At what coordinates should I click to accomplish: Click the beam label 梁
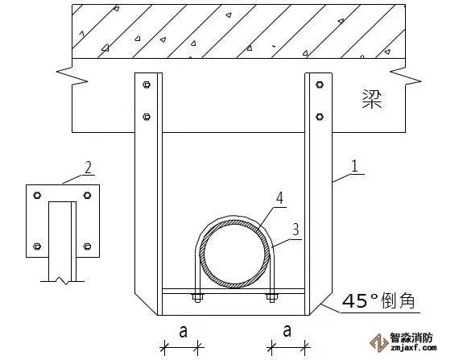pyautogui.click(x=372, y=99)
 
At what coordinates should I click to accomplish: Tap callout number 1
pyautogui.click(x=355, y=166)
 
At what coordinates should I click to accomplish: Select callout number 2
pyautogui.click(x=88, y=168)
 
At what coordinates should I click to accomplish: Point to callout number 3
pyautogui.click(x=296, y=230)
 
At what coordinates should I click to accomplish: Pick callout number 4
pyautogui.click(x=279, y=198)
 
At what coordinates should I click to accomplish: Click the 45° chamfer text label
pyautogui.click(x=378, y=301)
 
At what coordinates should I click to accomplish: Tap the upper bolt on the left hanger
pyautogui.click(x=147, y=85)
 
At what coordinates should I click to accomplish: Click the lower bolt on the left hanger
pyautogui.click(x=147, y=117)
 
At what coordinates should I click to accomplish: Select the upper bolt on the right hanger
pyautogui.click(x=320, y=85)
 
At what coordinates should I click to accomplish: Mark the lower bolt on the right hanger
pyautogui.click(x=320, y=117)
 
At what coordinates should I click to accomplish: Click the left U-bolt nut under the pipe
pyautogui.click(x=197, y=297)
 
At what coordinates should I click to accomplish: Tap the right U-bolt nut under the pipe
pyautogui.click(x=271, y=297)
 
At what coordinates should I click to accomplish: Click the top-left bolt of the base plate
pyautogui.click(x=37, y=195)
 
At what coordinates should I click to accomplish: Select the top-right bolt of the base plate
pyautogui.click(x=87, y=195)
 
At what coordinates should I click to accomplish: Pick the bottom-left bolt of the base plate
pyautogui.click(x=37, y=246)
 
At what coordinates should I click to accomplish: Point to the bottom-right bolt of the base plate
pyautogui.click(x=87, y=246)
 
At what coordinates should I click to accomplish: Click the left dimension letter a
pyautogui.click(x=183, y=331)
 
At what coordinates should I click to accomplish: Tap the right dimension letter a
pyautogui.click(x=287, y=331)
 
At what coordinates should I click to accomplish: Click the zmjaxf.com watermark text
pyautogui.click(x=413, y=348)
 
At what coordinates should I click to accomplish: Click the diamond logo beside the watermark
pyautogui.click(x=378, y=342)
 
